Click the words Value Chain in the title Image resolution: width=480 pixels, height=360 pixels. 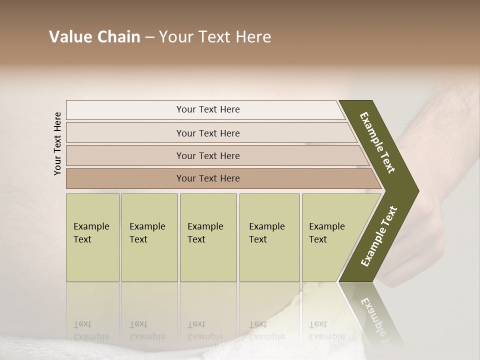click(x=94, y=37)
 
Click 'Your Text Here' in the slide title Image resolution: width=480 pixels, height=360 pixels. click(x=215, y=37)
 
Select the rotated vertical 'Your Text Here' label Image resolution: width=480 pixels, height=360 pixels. click(x=58, y=143)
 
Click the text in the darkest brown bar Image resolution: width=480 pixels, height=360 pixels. click(x=208, y=178)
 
